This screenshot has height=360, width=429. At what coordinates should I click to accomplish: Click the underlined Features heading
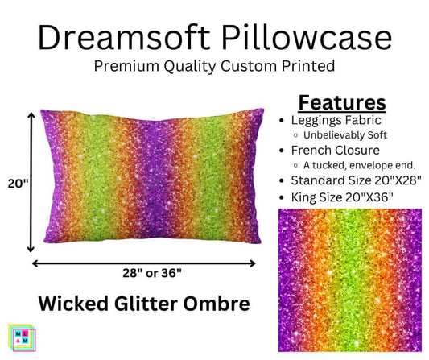342,102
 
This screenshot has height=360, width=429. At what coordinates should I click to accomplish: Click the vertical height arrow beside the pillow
32,183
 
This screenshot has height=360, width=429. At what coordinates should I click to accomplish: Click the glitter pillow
145,181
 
